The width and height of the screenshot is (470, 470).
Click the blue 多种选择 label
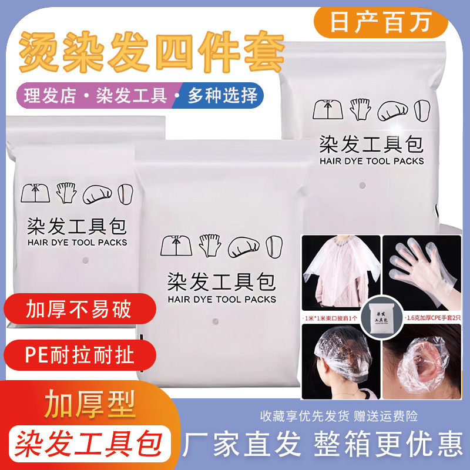pyautogui.click(x=223, y=95)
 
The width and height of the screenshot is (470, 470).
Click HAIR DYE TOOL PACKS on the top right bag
pyautogui.click(x=371, y=160)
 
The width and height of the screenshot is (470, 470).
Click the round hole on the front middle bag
pyautogui.click(x=215, y=322)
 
